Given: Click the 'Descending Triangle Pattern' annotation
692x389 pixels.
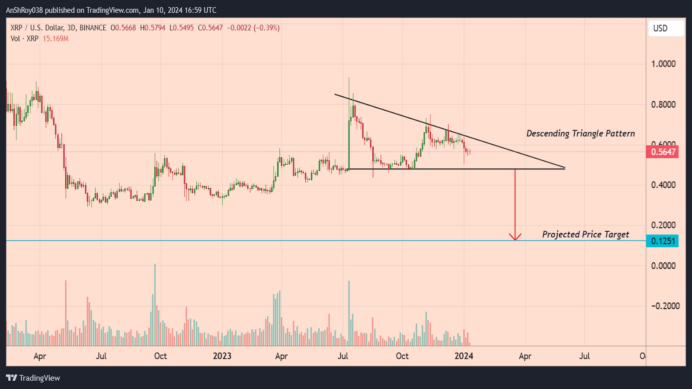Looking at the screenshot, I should pos(580,134).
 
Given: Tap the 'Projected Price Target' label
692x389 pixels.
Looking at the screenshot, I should pos(586,234).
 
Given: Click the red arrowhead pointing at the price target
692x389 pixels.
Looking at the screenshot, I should pos(515,237).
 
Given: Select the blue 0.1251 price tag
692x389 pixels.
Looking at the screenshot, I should pos(663,241).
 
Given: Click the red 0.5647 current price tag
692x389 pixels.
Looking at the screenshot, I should pos(663,152).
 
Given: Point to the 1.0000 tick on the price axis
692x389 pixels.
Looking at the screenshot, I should pos(663,64).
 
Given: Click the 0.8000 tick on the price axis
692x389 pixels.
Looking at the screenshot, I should pos(663,105).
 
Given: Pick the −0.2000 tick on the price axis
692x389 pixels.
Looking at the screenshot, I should pos(665,306).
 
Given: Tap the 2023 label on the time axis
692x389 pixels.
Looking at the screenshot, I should pos(222,356).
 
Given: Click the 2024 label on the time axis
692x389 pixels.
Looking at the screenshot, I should pos(464,356).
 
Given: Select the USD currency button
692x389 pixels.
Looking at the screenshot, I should pos(666,28).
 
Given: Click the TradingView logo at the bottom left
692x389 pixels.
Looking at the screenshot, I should pos(33,378).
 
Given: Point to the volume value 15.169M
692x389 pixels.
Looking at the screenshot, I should pos(55,38).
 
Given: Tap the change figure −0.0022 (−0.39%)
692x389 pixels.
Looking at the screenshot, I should pos(253,28).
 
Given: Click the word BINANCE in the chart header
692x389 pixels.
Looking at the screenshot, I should pos(93,28).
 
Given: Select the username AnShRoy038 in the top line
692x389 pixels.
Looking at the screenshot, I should pos(24,10).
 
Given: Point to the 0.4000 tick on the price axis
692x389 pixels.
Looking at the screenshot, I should pos(663,185).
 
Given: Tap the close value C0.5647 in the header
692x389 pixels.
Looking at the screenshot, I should pos(210,28).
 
